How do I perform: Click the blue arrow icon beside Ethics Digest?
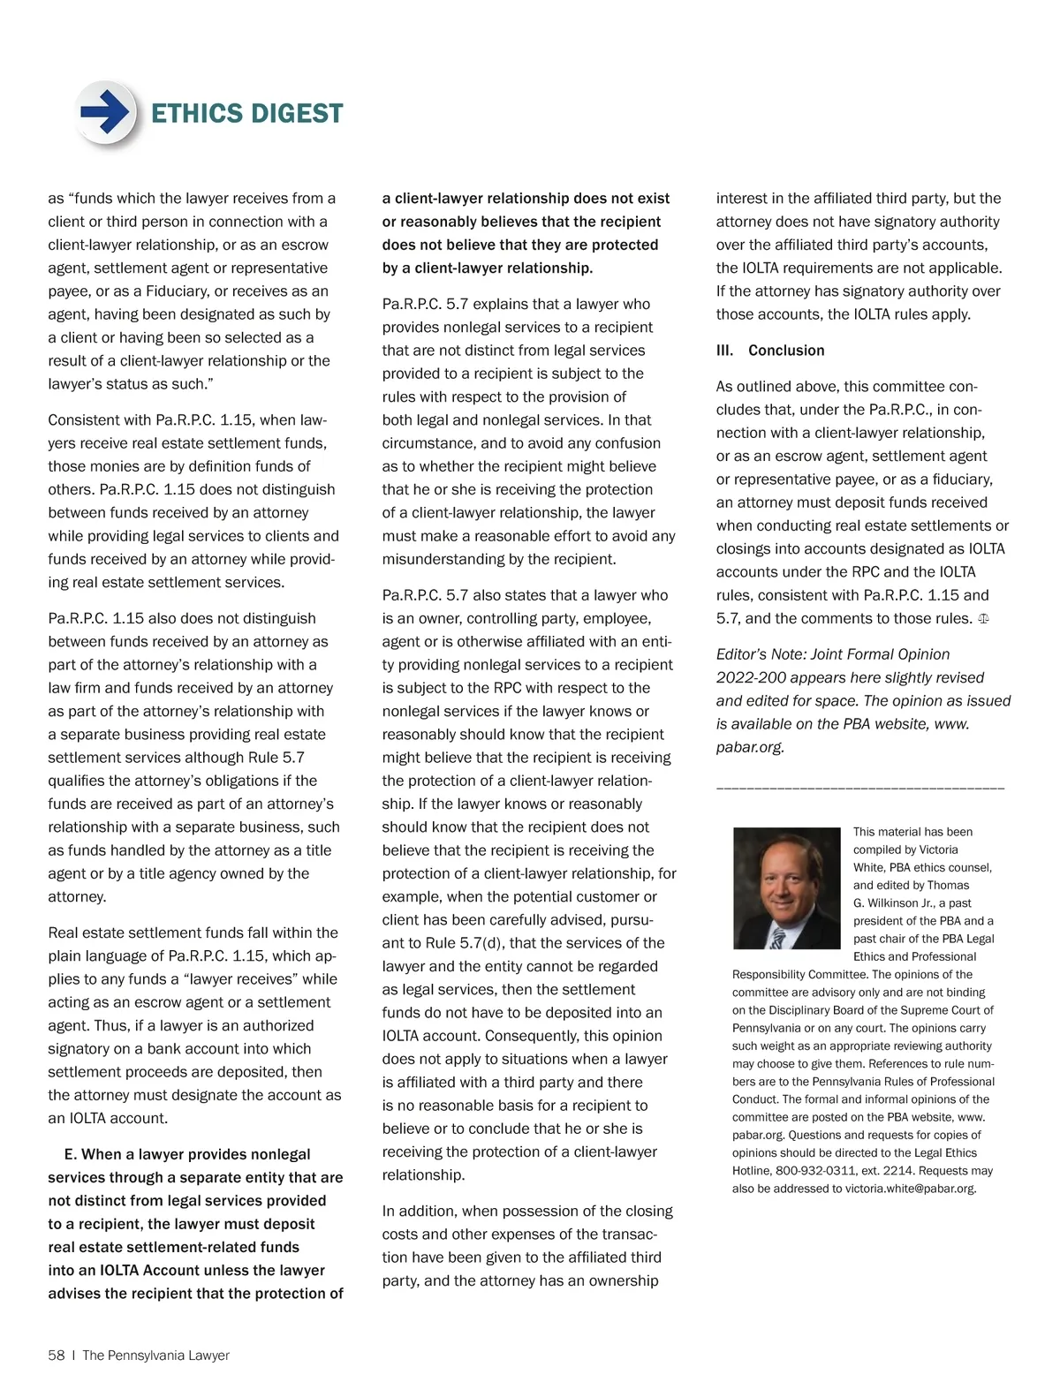[106, 112]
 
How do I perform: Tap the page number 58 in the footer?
[57, 1355]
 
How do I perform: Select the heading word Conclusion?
[786, 351]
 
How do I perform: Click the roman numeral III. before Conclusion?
[724, 351]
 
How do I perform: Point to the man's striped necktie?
[777, 937]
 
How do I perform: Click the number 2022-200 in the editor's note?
[752, 677]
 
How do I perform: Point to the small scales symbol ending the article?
[983, 619]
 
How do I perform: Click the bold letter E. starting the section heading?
[71, 1155]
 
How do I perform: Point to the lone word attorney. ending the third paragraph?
[77, 897]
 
